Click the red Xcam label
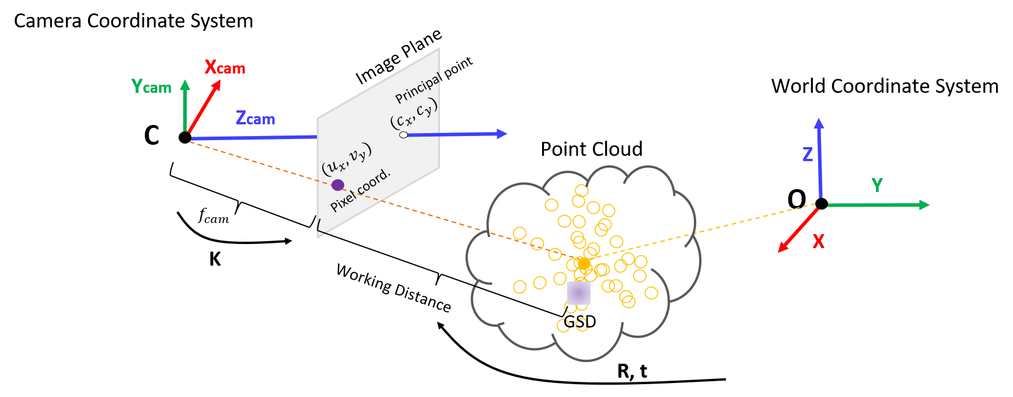pos(225,68)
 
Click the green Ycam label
pos(151,87)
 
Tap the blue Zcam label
pos(255,119)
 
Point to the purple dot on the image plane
pos(337,185)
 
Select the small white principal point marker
pos(403,135)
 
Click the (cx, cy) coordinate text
pos(414,113)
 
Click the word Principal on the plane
pos(417,89)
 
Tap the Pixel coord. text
pos(360,190)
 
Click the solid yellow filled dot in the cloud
pos(584,263)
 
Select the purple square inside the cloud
pos(578,293)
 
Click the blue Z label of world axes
pos(808,154)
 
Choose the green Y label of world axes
pos(877,185)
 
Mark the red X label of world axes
pos(819,241)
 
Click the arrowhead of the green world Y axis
pos(924,205)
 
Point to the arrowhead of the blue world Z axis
pos(819,123)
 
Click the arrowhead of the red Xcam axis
pos(216,85)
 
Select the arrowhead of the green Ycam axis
pos(185,85)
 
